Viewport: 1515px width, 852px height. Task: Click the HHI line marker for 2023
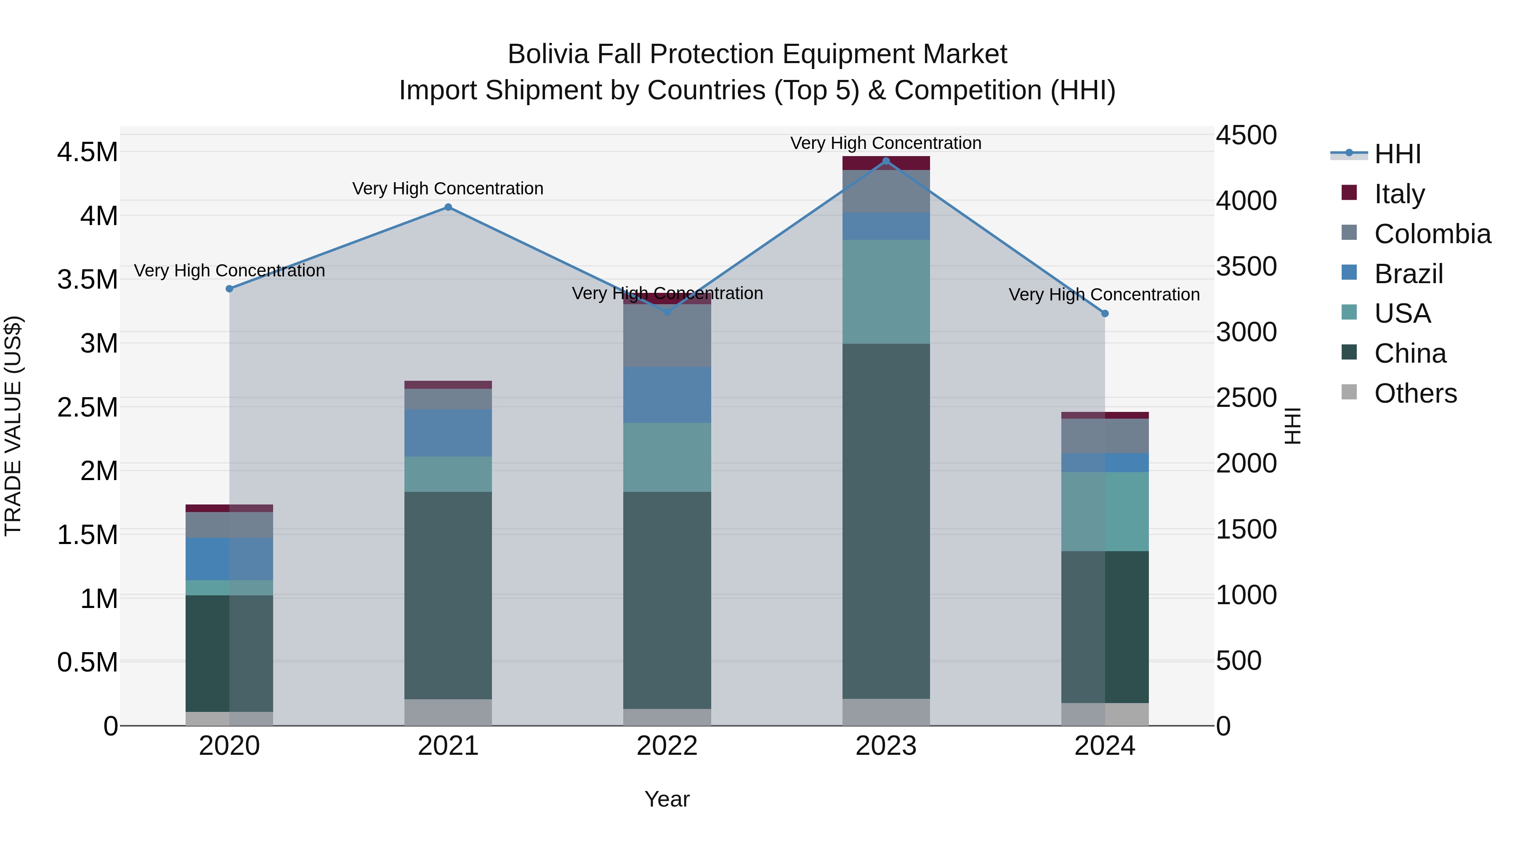coord(886,161)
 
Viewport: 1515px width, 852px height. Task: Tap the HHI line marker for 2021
coord(448,207)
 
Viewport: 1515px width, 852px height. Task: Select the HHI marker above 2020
coord(229,289)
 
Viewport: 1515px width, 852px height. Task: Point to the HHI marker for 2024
coord(1105,313)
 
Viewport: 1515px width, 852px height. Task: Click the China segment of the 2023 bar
coord(886,520)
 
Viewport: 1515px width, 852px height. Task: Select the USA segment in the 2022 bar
coord(667,457)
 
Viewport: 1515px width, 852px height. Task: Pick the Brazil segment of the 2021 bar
coord(448,433)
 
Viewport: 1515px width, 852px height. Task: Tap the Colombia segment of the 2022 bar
coord(667,335)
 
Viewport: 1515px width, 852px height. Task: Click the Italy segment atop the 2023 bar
coord(886,163)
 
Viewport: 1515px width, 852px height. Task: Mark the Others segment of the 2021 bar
coord(448,712)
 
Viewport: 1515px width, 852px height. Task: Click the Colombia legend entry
coord(1432,234)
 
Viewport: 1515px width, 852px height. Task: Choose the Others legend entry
coord(1415,393)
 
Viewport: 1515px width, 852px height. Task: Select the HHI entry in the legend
coord(1397,154)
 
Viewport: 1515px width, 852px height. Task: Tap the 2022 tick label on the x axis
coord(667,746)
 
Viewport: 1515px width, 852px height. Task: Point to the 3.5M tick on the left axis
coord(87,279)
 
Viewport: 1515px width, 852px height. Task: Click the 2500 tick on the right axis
coord(1246,398)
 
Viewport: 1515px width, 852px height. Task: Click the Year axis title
coord(667,799)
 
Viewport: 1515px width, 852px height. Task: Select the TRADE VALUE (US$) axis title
coord(13,426)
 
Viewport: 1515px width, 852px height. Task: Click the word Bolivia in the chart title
coord(548,54)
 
